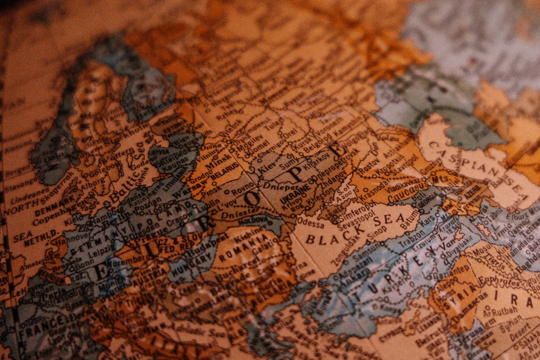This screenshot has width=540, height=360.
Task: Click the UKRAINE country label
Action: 297,192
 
